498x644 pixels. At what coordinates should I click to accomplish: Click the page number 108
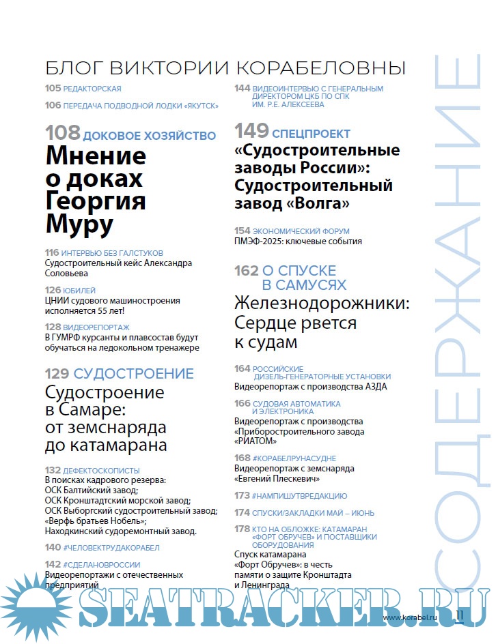62,134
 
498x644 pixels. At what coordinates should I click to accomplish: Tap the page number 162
246,271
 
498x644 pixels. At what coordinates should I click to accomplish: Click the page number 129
57,373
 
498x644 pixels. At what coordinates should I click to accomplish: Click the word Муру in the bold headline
79,224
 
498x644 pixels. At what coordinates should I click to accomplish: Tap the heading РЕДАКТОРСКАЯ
92,89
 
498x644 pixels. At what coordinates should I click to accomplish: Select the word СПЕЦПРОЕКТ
311,134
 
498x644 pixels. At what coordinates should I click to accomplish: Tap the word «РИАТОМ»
260,441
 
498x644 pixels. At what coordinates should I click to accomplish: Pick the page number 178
242,529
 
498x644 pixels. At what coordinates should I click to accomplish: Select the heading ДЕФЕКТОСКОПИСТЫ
101,471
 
